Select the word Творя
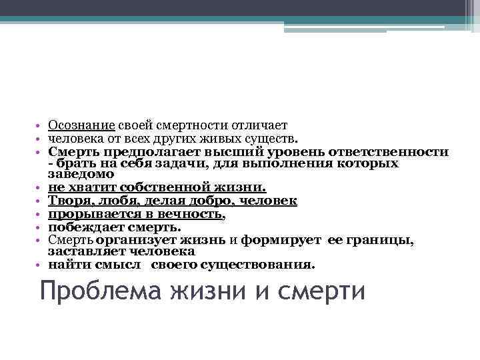pos(70,201)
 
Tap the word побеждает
pos(85,227)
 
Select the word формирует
pos(283,241)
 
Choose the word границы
pos(383,241)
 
